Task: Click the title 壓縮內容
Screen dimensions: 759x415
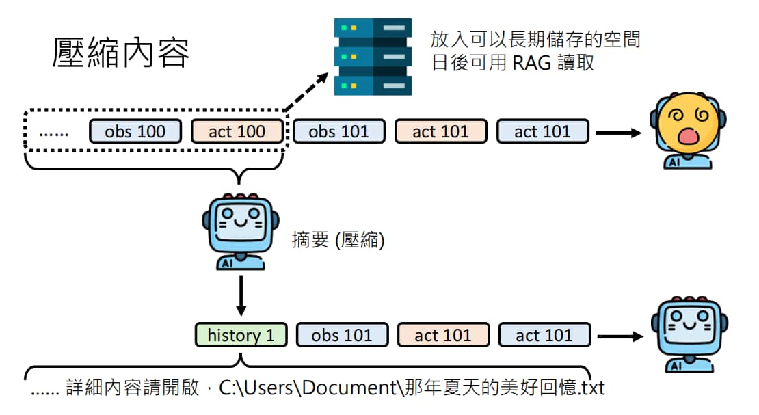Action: [120, 52]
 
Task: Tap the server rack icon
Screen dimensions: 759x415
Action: [373, 57]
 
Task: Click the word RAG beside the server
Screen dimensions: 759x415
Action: [531, 63]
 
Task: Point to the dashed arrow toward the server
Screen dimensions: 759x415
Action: [306, 92]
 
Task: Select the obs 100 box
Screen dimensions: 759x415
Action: [135, 131]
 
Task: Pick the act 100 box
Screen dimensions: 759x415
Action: [237, 131]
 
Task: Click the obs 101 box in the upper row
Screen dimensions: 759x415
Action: [339, 131]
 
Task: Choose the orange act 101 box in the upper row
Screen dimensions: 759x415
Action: [440, 131]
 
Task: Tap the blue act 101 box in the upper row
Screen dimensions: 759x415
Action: [543, 131]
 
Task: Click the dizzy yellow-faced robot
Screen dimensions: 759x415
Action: [688, 131]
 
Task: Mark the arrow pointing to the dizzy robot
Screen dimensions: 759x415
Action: [618, 132]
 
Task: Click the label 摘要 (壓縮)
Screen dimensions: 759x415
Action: [338, 240]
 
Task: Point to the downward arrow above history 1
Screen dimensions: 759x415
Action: [241, 296]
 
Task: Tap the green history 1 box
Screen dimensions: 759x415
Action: [241, 334]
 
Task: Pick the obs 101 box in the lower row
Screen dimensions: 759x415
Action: [342, 334]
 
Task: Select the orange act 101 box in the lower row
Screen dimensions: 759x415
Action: [443, 334]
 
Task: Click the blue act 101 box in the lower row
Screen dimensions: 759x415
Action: [544, 334]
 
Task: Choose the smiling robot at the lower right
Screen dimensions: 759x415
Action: [689, 334]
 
